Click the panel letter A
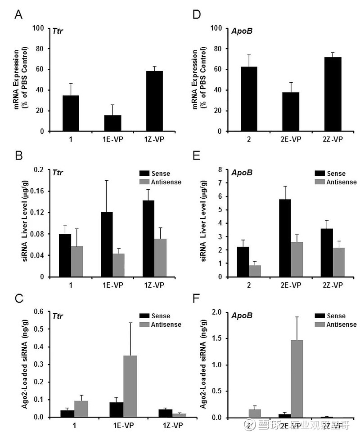(x=18, y=15)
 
